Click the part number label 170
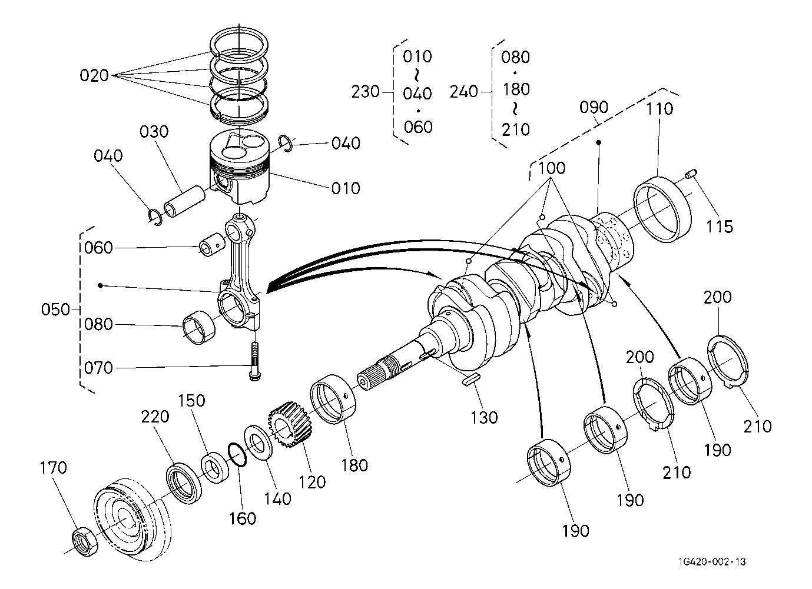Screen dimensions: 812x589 53,468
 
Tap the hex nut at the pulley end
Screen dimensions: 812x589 85,542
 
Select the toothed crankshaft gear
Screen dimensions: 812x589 288,424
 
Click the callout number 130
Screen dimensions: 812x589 484,418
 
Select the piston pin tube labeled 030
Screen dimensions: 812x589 184,201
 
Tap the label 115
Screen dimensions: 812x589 720,227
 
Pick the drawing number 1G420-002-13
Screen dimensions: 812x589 712,562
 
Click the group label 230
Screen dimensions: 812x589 366,92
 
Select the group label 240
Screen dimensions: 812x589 463,92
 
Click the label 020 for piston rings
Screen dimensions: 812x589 94,75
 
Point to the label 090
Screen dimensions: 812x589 594,107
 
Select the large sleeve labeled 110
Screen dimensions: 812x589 662,209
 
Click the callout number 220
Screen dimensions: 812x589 155,417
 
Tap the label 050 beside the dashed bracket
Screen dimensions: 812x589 55,310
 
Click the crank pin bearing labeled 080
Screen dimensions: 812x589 198,328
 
